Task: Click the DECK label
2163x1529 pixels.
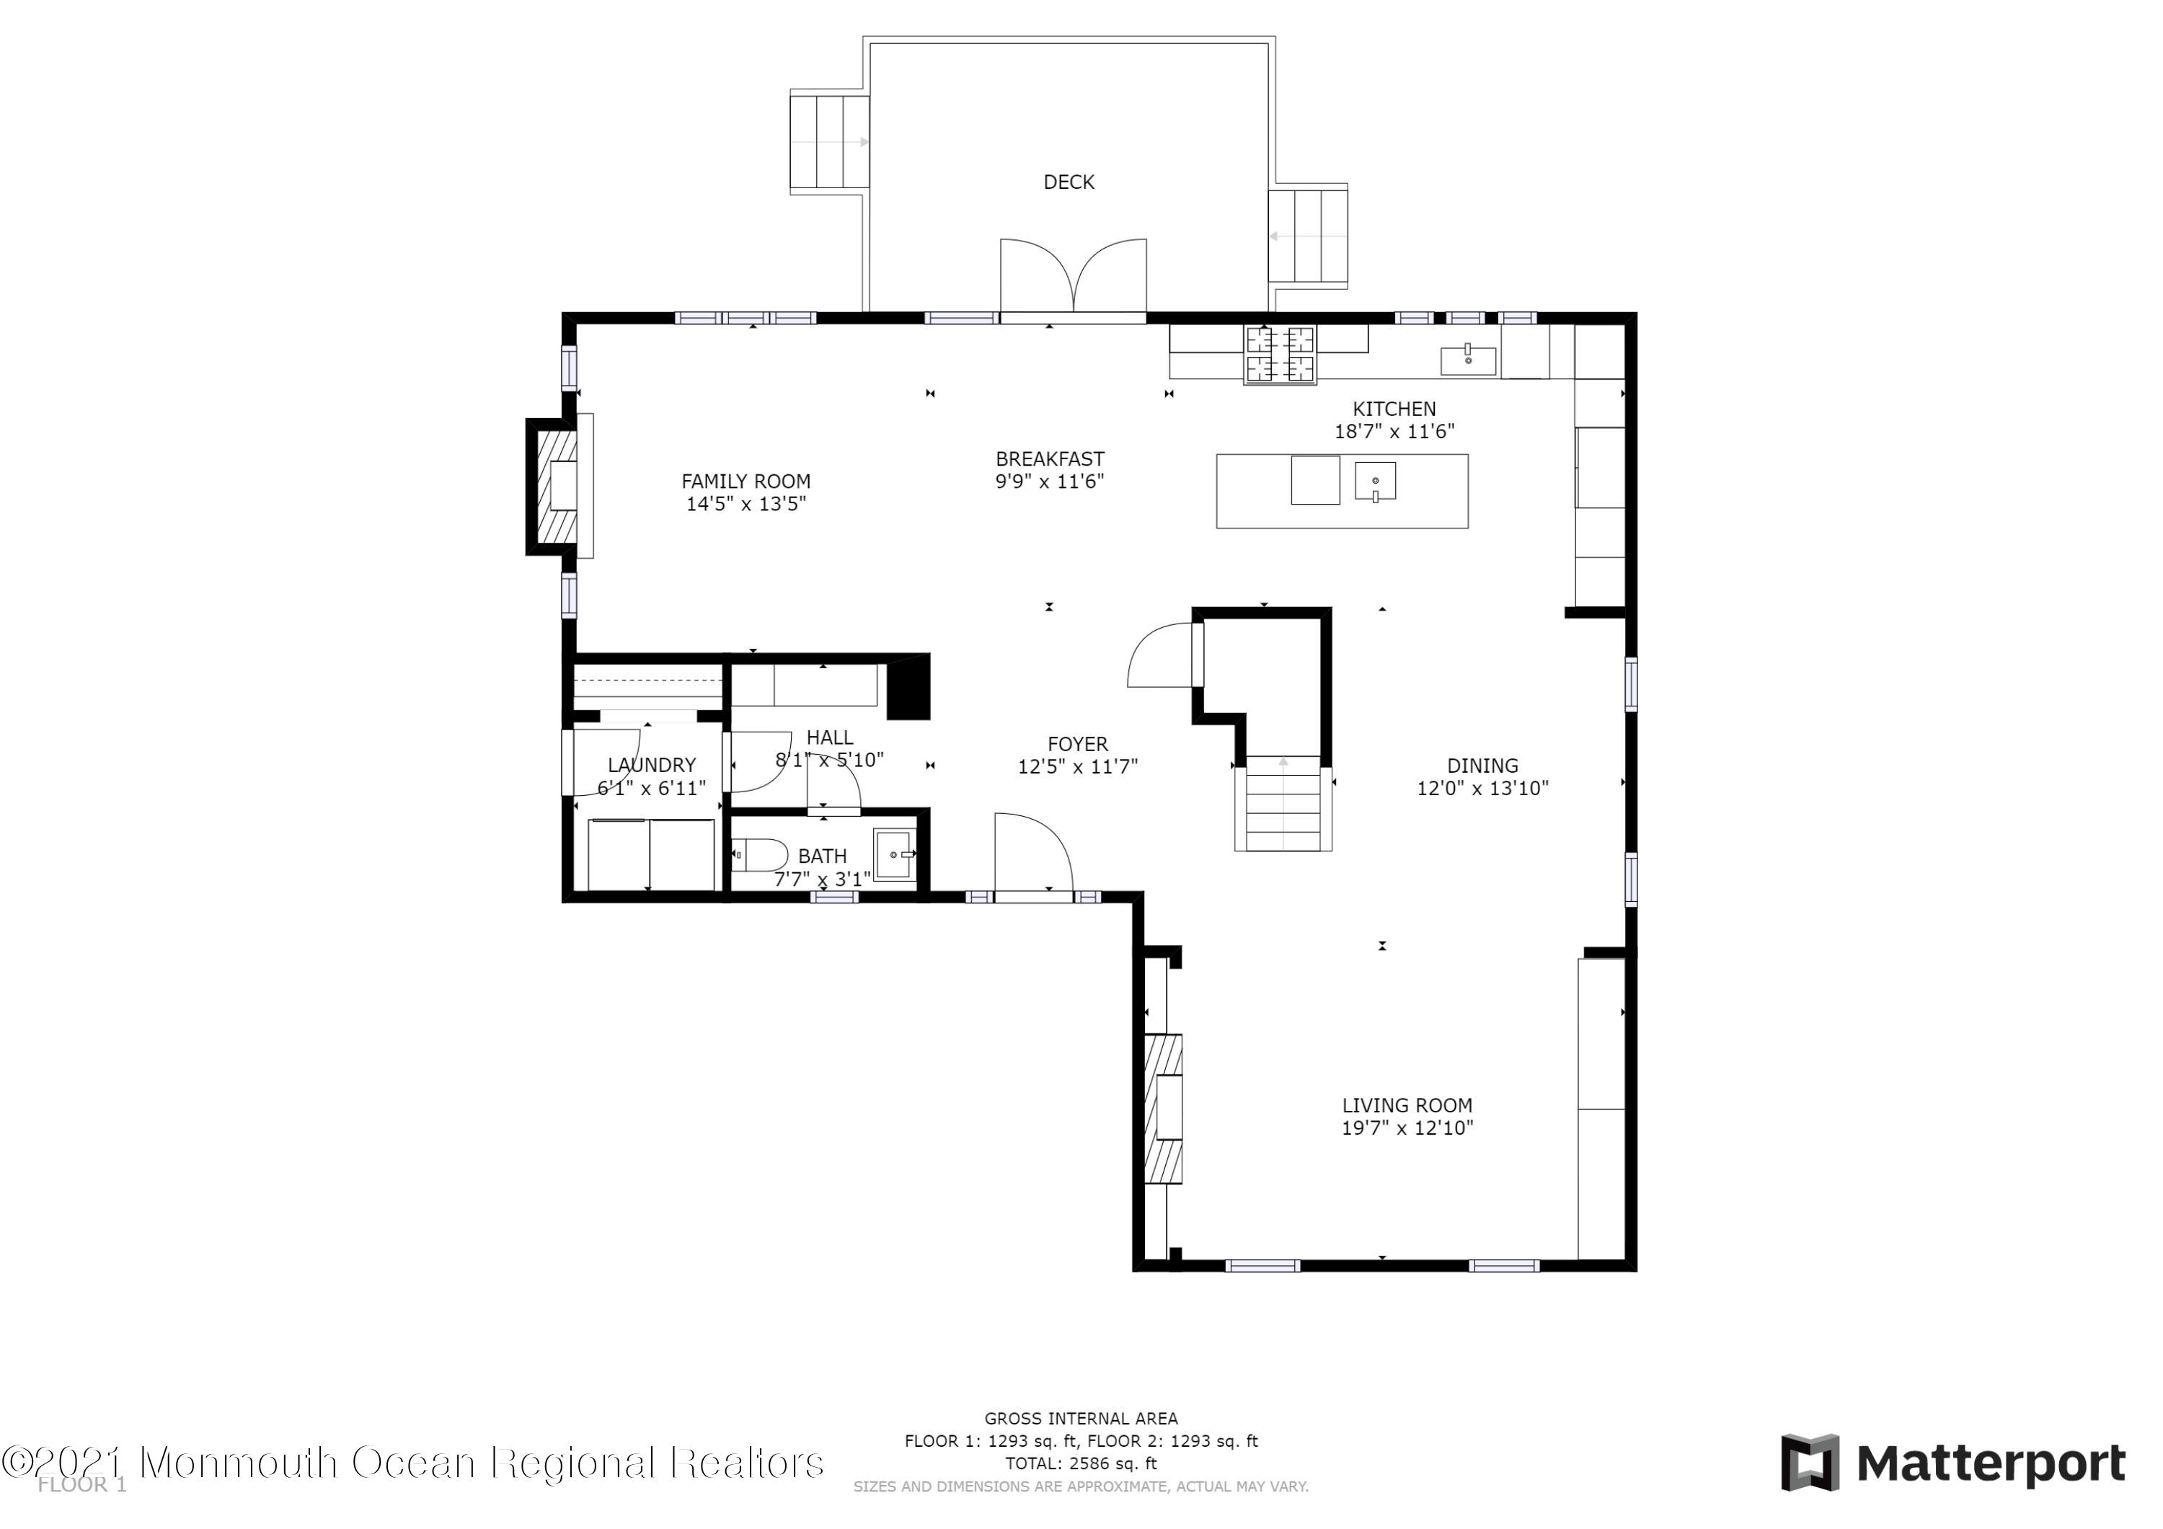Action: pyautogui.click(x=1069, y=182)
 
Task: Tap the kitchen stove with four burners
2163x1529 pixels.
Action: pyautogui.click(x=1280, y=354)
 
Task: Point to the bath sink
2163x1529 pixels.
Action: pyautogui.click(x=893, y=854)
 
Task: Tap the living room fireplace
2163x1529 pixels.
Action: pyautogui.click(x=1164, y=1109)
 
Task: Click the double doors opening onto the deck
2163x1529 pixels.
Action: pyautogui.click(x=1073, y=275)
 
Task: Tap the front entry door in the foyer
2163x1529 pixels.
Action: pyautogui.click(x=1032, y=854)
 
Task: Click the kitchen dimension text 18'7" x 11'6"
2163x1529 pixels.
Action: pyautogui.click(x=1394, y=432)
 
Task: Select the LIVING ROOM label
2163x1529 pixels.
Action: pyautogui.click(x=1407, y=1105)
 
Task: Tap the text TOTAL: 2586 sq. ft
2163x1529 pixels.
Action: pyautogui.click(x=1081, y=1463)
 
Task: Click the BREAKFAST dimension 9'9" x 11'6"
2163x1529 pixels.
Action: pyautogui.click(x=1050, y=482)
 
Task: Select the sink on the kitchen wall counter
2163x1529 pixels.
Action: pyautogui.click(x=1468, y=360)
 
